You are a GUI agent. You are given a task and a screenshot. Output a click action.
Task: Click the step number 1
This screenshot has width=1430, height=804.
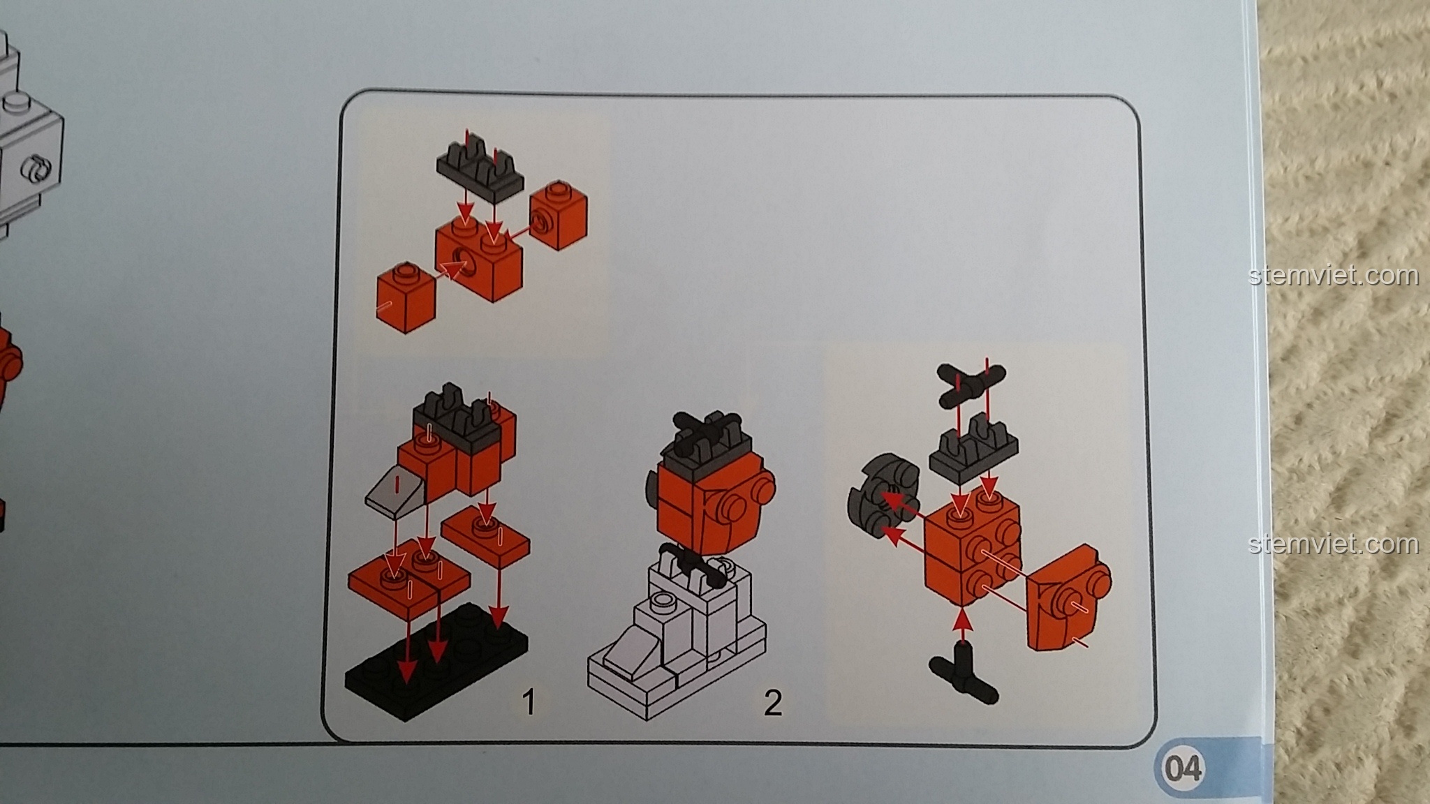[529, 701]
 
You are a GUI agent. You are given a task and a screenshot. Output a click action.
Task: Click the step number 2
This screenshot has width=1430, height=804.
[772, 703]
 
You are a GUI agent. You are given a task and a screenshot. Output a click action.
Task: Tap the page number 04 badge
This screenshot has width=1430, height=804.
[1183, 768]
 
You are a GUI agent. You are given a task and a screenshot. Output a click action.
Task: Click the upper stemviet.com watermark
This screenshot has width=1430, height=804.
[1333, 276]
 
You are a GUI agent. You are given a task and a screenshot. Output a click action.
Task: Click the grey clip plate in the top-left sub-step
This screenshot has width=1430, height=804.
[480, 168]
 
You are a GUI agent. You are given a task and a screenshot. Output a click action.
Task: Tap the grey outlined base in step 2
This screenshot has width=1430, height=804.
[677, 649]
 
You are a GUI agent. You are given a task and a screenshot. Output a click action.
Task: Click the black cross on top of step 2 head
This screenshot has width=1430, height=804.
[705, 427]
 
